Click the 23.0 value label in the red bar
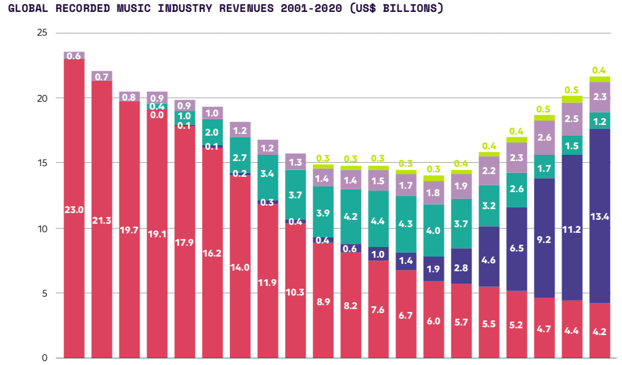coord(74,210)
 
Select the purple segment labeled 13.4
coord(600,216)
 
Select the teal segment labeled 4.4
coord(379,221)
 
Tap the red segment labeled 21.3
coord(102,219)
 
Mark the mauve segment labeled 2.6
coord(545,137)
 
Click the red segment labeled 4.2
coord(600,331)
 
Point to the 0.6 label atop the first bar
coord(74,55)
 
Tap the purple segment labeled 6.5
coord(517,249)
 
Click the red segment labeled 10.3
coord(296,292)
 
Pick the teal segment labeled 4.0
coord(434,231)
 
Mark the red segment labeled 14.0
coord(240,267)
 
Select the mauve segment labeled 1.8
coord(434,193)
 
